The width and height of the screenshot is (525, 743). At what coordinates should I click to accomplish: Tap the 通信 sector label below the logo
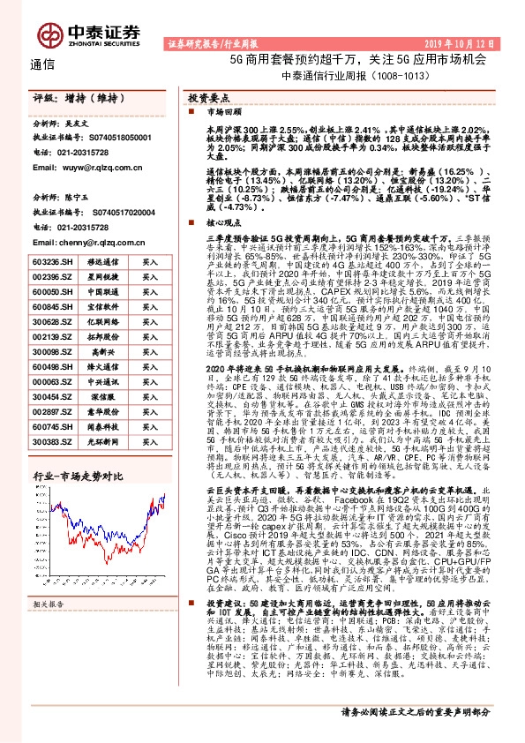click(x=42, y=64)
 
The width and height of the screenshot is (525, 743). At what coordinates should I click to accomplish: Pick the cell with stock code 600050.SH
click(x=50, y=289)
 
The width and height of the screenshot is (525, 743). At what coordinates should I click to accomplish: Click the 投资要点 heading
click(x=213, y=99)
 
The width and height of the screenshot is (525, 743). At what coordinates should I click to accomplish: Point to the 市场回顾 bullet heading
click(x=222, y=114)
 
